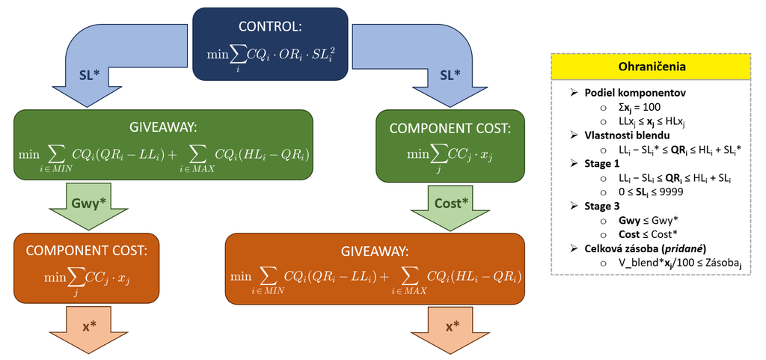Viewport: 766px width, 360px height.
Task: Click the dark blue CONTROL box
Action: pyautogui.click(x=270, y=44)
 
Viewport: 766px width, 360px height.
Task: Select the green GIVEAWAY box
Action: pyautogui.click(x=164, y=145)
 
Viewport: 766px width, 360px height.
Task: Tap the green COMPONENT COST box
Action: pyautogui.click(x=450, y=146)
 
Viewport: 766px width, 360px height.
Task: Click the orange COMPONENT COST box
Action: pyautogui.click(x=87, y=269)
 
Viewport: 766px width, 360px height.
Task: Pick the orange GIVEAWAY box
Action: pyautogui.click(x=376, y=269)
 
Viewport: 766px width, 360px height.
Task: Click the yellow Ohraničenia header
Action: pyautogui.click(x=650, y=67)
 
